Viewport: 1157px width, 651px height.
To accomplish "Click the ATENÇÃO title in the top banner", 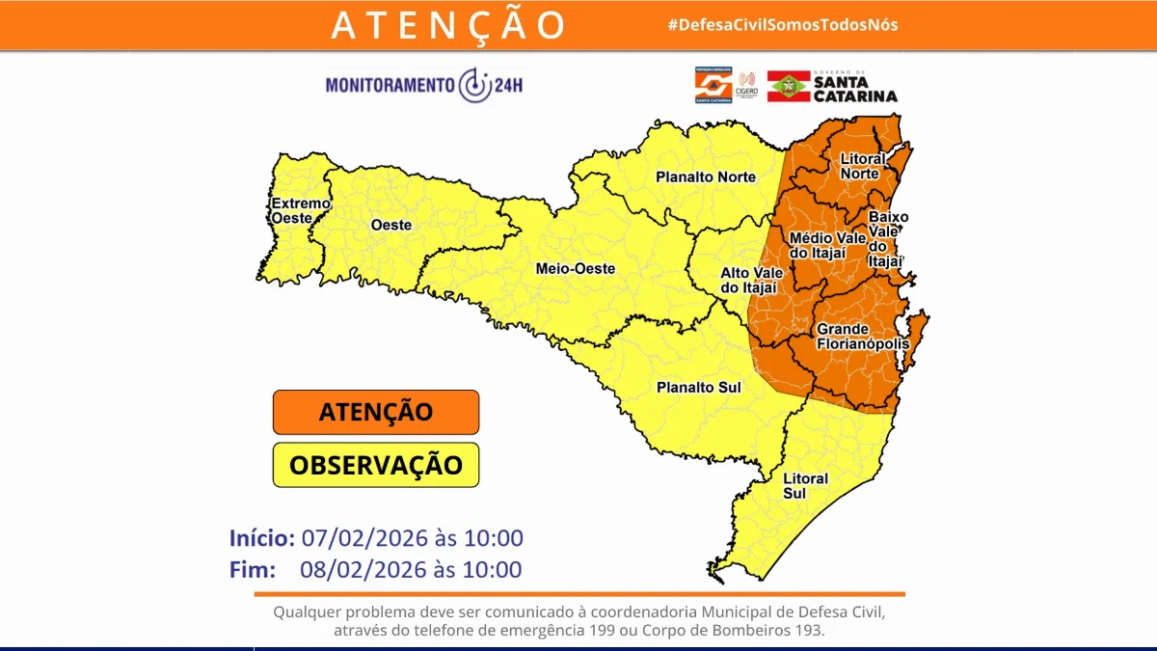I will coord(448,25).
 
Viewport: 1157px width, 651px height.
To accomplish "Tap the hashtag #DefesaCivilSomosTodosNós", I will coord(783,24).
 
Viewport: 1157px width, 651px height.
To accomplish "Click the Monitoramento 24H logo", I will coord(424,85).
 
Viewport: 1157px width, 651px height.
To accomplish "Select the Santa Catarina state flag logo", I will coord(787,86).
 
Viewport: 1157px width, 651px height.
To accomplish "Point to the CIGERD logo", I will coord(746,85).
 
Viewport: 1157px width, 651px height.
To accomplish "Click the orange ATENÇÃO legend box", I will coord(376,413).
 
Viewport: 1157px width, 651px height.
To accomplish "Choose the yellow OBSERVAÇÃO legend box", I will coord(376,465).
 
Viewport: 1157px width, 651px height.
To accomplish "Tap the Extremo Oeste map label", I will coord(300,210).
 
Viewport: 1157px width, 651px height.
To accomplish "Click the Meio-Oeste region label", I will coord(575,268).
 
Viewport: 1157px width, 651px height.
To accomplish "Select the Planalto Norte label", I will coord(706,176).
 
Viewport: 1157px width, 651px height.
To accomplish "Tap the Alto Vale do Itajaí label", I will coord(751,280).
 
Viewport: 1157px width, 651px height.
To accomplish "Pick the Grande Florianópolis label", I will coord(862,337).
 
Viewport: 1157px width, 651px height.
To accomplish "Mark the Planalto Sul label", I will coord(698,387).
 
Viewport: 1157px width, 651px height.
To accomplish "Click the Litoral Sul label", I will coord(805,485).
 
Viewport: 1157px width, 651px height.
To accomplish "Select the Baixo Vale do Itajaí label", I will coord(887,238).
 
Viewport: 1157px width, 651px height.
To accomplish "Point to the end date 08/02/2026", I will coord(360,570).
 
